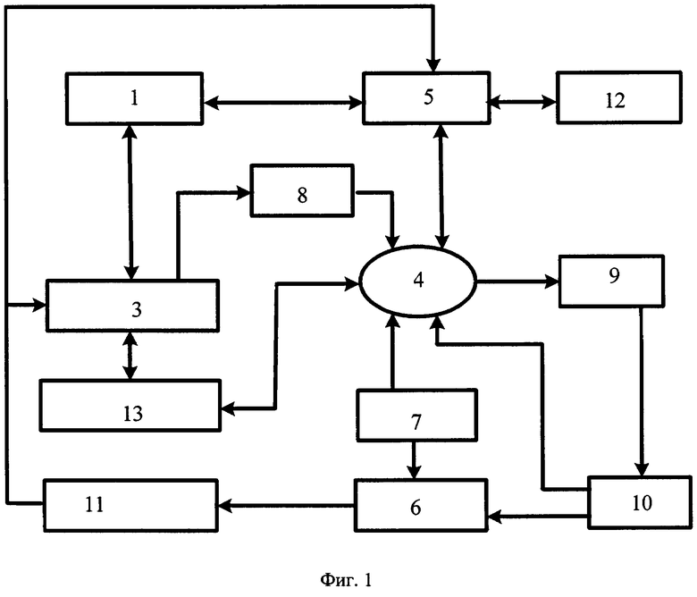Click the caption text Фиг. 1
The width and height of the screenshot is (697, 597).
point(346,580)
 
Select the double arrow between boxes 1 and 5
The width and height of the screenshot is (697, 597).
point(282,103)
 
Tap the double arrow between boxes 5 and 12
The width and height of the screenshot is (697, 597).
point(523,102)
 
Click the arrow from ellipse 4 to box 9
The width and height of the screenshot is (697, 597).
point(517,282)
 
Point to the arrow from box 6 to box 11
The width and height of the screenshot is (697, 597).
point(286,506)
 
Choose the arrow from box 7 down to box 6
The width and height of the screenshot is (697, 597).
point(414,460)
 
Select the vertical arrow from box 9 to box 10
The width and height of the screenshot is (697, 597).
point(642,392)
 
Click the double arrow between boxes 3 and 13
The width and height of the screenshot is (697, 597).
point(130,356)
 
